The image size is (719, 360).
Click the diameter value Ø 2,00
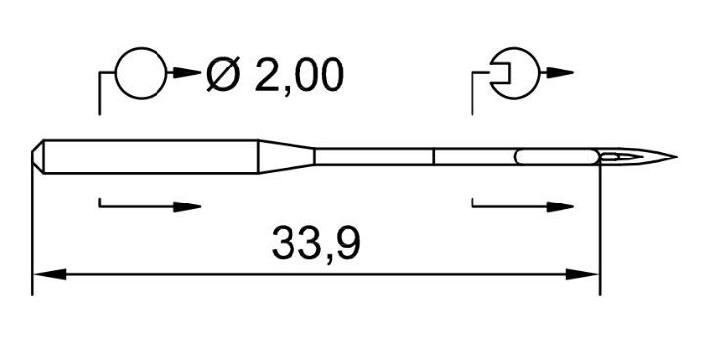(275, 74)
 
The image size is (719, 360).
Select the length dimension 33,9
(316, 245)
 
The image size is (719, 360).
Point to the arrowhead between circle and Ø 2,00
(187, 73)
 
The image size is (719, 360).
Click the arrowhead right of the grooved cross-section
(560, 73)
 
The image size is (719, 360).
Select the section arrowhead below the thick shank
(187, 206)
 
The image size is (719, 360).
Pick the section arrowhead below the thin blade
(561, 206)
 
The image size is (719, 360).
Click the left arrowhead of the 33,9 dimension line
(50, 275)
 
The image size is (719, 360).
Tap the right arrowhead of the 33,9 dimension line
(582, 275)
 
